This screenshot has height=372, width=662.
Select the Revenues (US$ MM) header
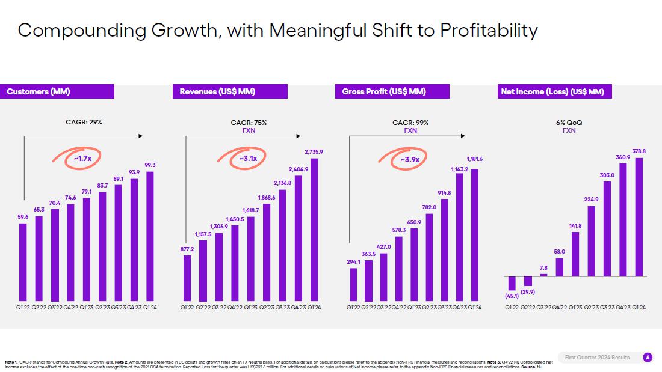tap(230, 91)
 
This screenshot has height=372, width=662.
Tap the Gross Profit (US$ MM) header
tap(392, 91)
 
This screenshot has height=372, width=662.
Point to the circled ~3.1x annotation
tap(248, 159)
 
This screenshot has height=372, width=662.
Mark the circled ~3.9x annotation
tap(410, 159)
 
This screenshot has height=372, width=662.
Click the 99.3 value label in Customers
tap(150, 165)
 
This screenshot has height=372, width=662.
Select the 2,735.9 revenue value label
tap(314, 151)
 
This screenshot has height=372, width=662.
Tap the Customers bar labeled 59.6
tap(23, 262)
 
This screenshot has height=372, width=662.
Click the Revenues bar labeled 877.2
tap(187, 278)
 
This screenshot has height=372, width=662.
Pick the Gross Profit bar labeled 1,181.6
tap(475, 234)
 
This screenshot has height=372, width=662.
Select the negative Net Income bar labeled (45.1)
tap(512, 283)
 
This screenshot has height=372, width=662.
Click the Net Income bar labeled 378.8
tap(639, 217)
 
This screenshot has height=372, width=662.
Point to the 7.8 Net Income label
tap(543, 267)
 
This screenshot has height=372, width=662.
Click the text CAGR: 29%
tap(84, 122)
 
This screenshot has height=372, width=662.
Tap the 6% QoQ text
tap(569, 123)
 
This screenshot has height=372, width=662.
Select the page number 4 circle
tap(648, 358)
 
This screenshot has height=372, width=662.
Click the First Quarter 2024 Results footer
tap(597, 358)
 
